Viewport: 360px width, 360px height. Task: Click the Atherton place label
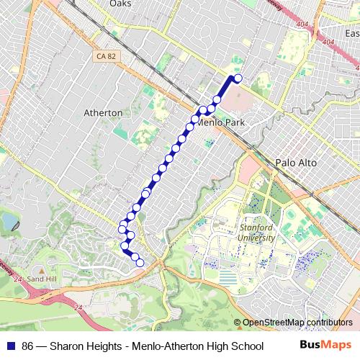[104, 113]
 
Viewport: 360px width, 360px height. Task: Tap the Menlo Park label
[220, 123]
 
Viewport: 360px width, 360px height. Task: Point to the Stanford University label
[256, 232]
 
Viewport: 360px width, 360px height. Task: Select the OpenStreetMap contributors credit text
[297, 323]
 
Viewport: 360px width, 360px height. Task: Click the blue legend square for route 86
[11, 343]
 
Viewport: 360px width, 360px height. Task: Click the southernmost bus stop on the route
[140, 263]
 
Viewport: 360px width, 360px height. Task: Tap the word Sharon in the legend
[67, 343]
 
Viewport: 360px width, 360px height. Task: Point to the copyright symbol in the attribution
[237, 323]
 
